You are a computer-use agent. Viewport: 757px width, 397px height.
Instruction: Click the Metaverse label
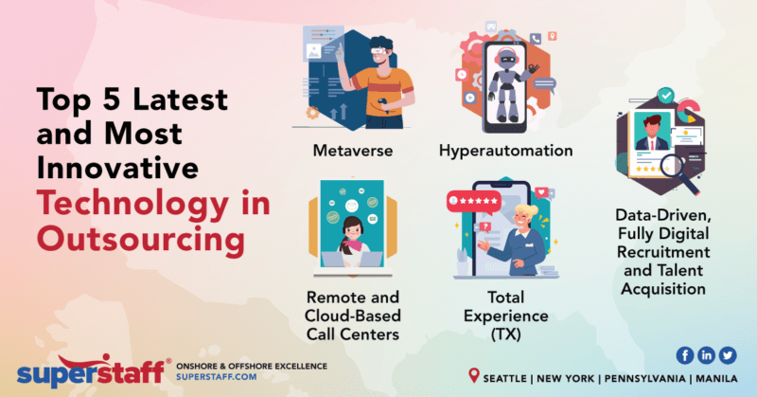(x=353, y=150)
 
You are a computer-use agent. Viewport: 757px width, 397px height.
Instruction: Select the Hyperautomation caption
(x=507, y=150)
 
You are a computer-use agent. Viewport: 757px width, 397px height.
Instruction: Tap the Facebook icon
(x=684, y=354)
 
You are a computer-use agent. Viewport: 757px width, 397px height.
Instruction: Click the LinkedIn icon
(x=706, y=354)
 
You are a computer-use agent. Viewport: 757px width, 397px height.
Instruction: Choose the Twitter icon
(x=728, y=354)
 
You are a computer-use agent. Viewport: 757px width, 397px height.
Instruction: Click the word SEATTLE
(x=510, y=377)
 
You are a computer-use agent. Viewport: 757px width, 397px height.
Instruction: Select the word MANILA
(x=720, y=377)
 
